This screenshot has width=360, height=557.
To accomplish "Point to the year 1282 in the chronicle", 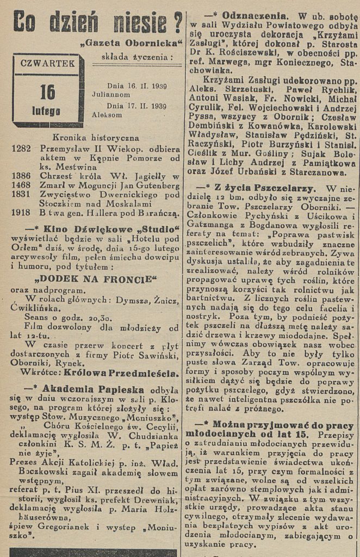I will [x=21, y=149].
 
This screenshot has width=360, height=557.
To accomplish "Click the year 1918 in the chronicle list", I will [x=21, y=213].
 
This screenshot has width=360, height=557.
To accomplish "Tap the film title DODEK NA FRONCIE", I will [x=95, y=280].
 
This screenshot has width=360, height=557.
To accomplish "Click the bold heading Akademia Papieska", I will [x=100, y=389].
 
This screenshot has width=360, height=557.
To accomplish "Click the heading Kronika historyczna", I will [x=96, y=138].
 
